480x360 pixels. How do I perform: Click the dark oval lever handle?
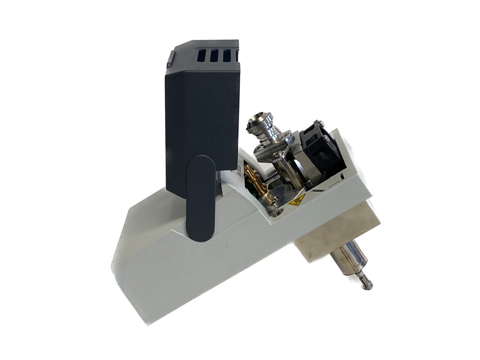point(200,197)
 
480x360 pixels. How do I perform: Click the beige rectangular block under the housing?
point(336,235)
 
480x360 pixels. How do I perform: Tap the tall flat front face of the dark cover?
point(202,115)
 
